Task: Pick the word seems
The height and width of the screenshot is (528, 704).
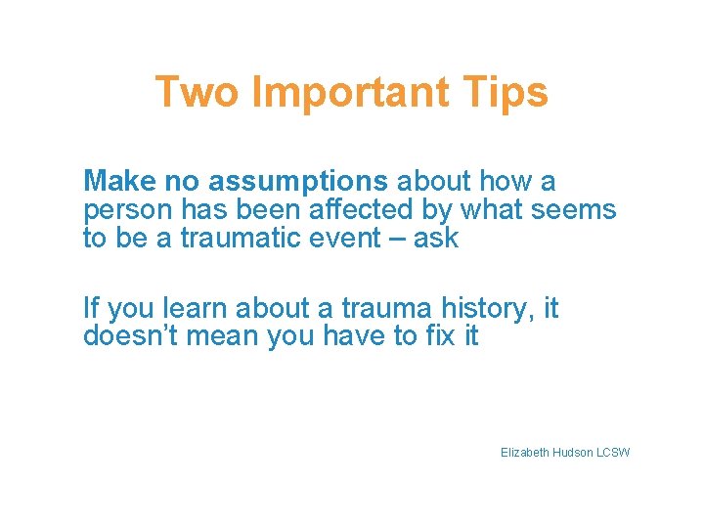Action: (580, 210)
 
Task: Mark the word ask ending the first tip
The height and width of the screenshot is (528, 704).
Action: (436, 239)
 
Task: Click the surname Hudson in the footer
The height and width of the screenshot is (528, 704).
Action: (577, 453)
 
